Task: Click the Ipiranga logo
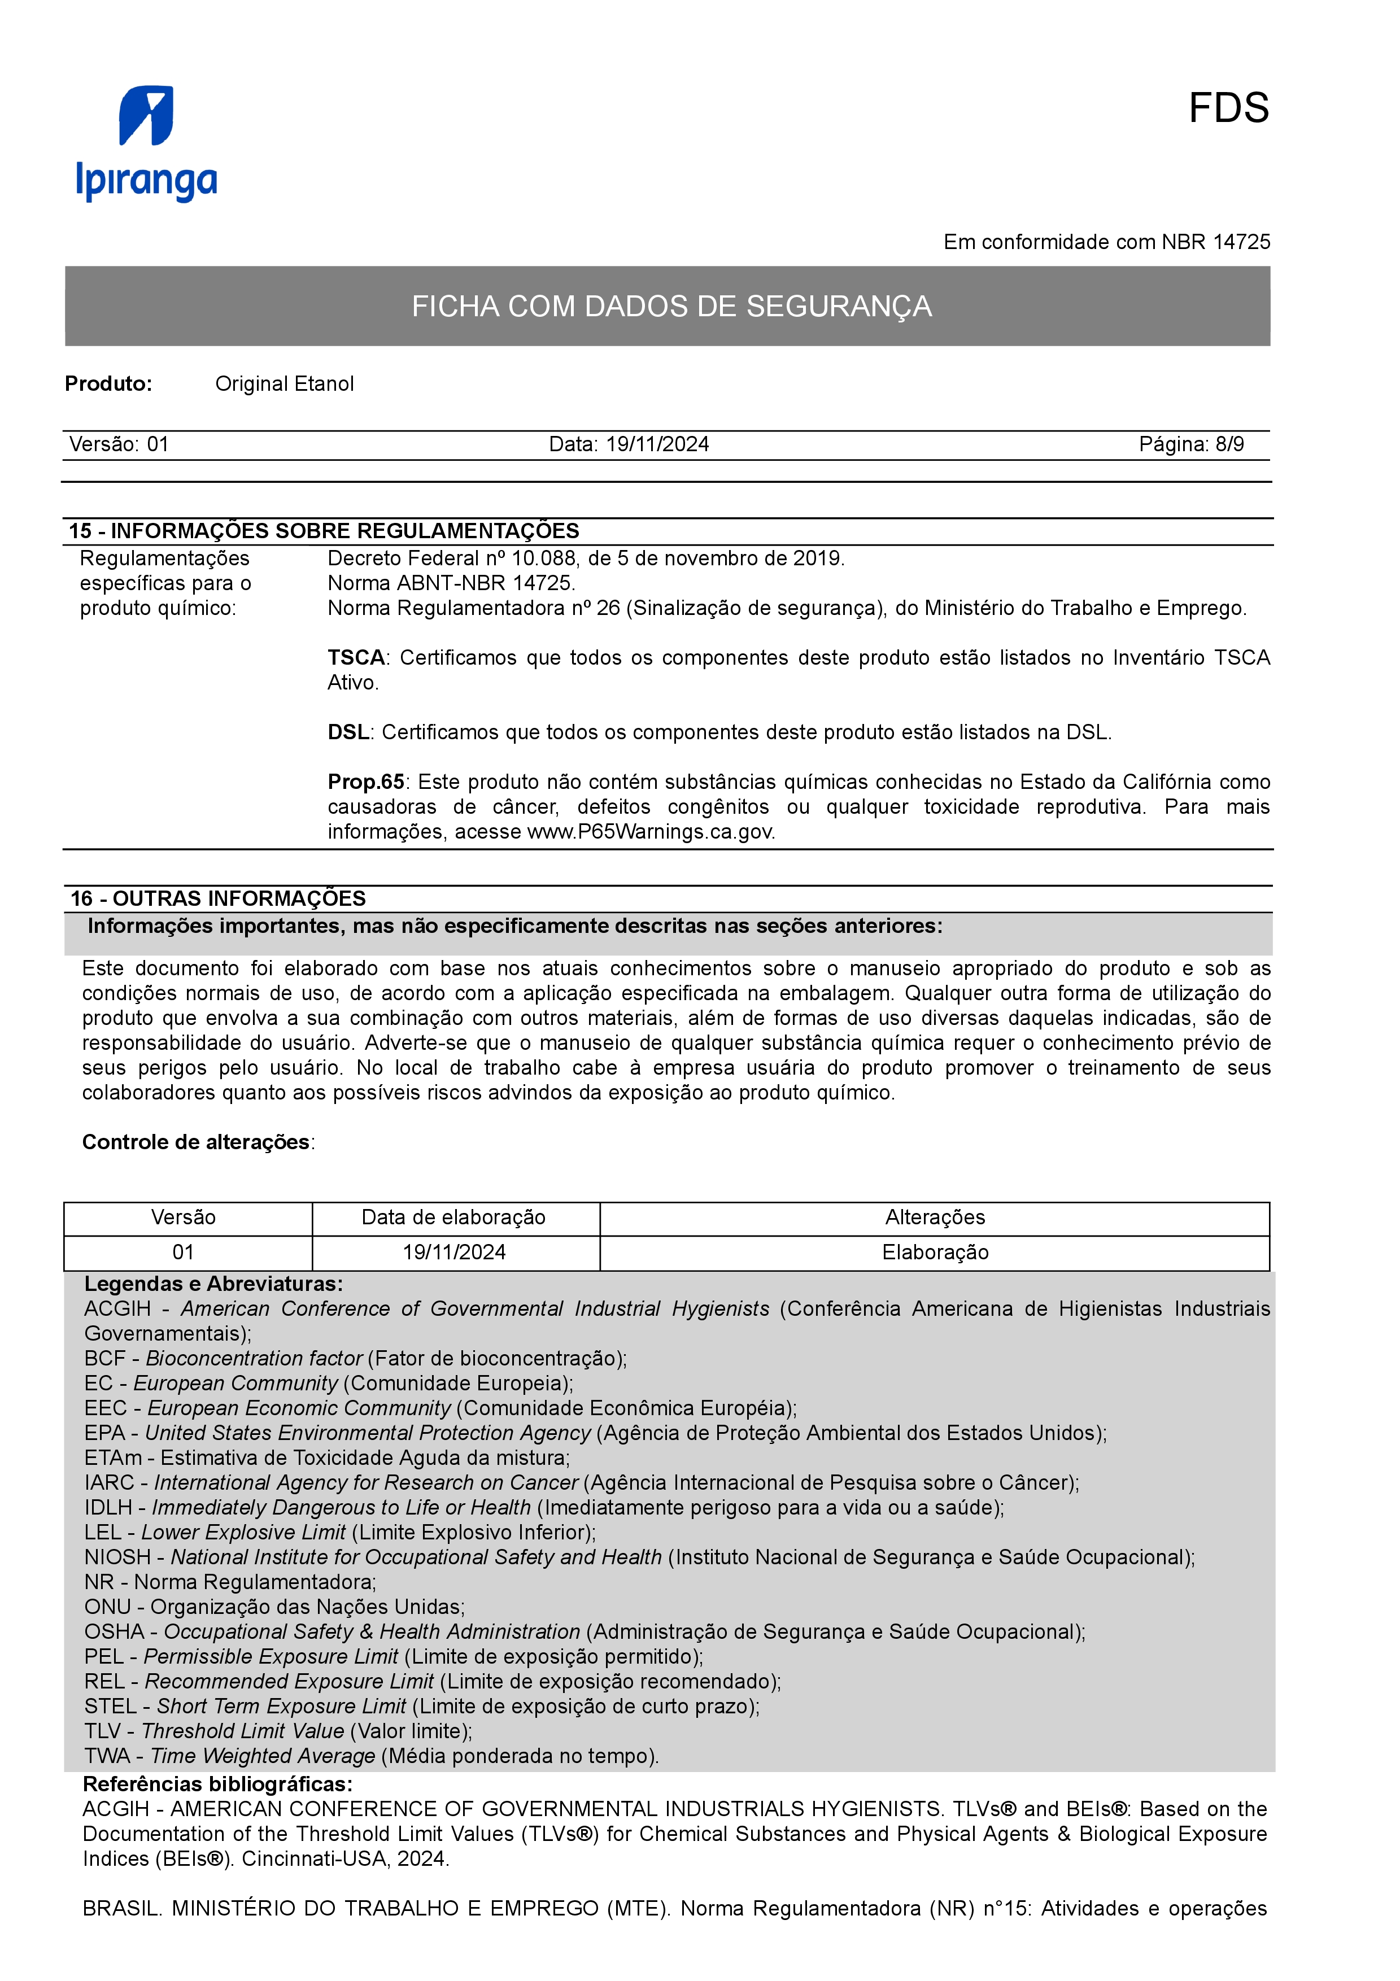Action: (x=147, y=143)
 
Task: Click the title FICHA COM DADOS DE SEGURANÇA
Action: (x=671, y=306)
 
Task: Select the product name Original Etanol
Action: (x=284, y=384)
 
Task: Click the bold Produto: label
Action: (x=108, y=384)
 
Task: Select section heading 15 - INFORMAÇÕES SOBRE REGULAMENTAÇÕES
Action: (x=324, y=531)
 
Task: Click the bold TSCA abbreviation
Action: (x=355, y=657)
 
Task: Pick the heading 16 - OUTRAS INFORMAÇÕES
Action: (x=217, y=898)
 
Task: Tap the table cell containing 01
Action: (x=184, y=1252)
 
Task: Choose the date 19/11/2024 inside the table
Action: (x=455, y=1252)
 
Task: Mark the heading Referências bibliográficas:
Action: (x=217, y=1784)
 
